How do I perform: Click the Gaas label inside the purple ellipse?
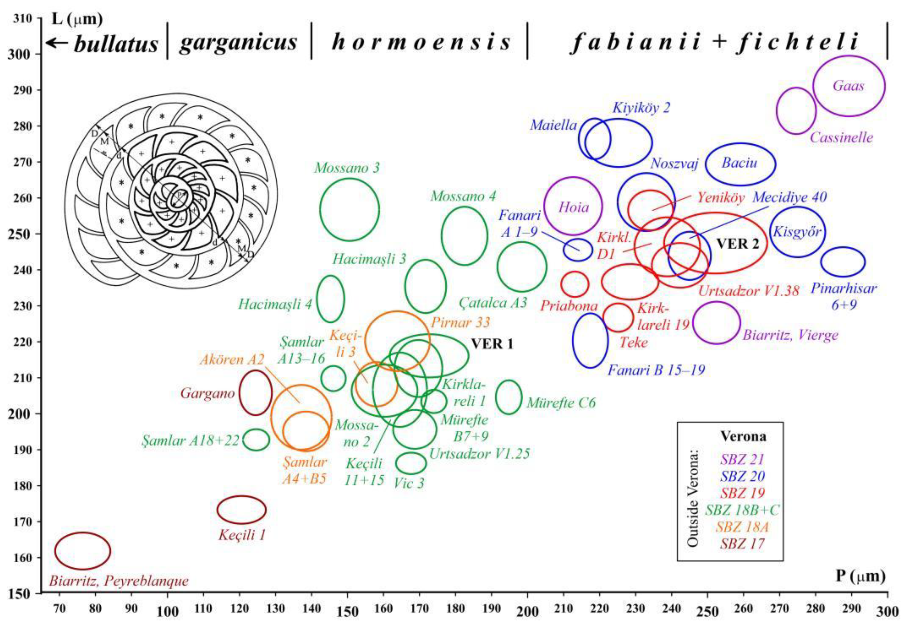coord(849,86)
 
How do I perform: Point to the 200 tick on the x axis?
coord(528,612)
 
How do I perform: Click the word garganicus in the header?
coord(238,43)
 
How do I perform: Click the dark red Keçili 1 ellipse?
coord(242,510)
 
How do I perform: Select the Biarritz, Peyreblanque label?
coord(119,581)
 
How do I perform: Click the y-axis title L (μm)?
coord(77,19)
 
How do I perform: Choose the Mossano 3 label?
coord(347,168)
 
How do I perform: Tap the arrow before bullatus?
coord(58,43)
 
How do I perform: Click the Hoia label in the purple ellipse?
coord(574,207)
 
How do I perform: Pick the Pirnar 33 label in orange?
coord(460,323)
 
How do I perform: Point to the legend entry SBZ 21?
coord(742,459)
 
